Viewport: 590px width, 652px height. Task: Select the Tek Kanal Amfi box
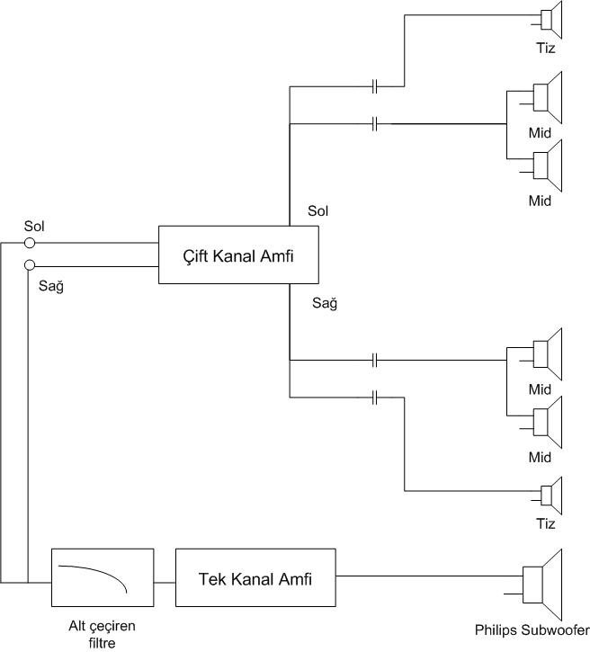[255, 578]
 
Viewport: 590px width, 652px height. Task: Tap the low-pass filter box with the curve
[102, 578]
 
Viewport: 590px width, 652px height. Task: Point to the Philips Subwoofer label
[532, 630]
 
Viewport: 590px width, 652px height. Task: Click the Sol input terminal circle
[30, 242]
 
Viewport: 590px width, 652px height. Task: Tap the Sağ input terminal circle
[30, 266]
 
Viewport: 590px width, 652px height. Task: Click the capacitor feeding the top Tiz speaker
[375, 87]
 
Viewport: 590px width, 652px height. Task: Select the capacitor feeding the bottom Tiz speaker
[375, 397]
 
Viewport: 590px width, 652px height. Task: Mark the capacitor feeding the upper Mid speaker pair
[375, 122]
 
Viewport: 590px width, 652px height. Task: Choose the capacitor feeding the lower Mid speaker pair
[375, 361]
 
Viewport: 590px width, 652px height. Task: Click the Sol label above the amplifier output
[317, 211]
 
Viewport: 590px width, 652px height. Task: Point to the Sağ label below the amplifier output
[324, 304]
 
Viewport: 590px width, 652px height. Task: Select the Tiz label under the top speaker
[544, 48]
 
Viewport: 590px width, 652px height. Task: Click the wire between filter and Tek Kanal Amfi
[164, 579]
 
